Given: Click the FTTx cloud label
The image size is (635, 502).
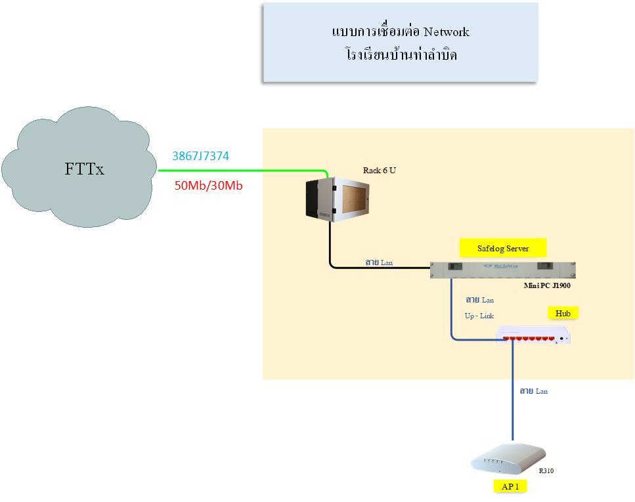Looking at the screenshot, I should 84,169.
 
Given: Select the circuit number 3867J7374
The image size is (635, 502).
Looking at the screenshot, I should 200,156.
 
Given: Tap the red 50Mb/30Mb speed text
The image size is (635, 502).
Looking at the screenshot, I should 208,186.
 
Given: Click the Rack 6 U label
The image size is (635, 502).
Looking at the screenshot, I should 380,171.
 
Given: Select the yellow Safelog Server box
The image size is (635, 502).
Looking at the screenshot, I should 502,248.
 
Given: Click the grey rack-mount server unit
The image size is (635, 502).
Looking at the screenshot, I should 502,269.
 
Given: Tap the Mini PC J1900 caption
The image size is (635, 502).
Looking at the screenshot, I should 546,285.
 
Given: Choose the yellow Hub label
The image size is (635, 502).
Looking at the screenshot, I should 563,314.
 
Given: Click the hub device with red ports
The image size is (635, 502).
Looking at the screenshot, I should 533,337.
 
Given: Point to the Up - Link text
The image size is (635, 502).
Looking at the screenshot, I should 479,316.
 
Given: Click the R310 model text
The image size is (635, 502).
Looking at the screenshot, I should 546,471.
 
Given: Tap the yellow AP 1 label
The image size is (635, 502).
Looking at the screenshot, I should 510,486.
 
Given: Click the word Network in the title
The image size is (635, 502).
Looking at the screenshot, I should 446,31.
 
